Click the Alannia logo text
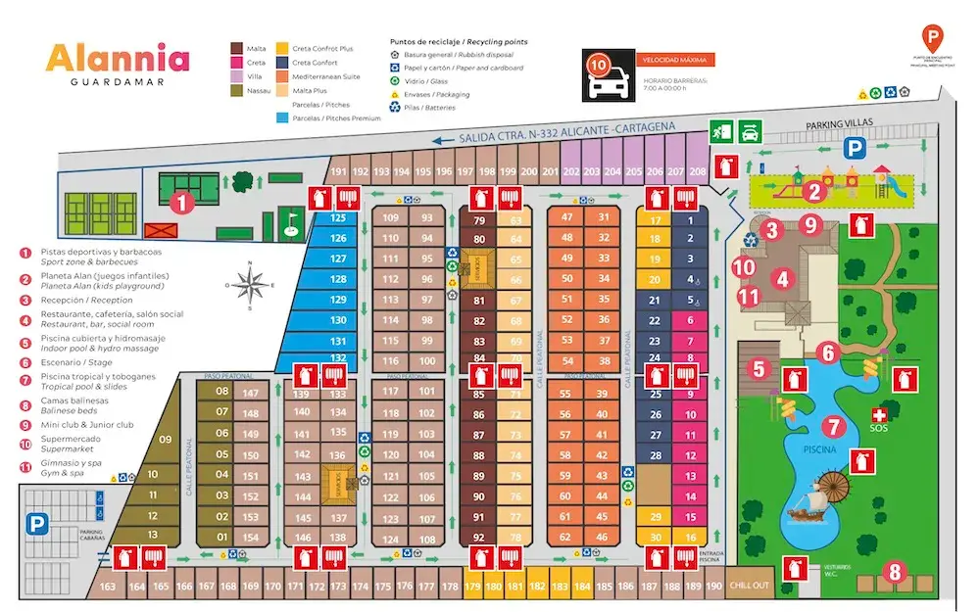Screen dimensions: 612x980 click(x=118, y=59)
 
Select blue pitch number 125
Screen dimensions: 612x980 click(x=338, y=217)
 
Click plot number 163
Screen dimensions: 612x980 click(x=109, y=587)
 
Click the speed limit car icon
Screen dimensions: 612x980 click(x=606, y=85)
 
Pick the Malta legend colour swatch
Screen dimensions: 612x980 click(x=236, y=48)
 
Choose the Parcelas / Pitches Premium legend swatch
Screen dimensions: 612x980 click(x=283, y=118)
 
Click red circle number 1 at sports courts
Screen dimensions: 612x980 click(x=180, y=204)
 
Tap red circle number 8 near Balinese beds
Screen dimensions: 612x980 click(x=893, y=571)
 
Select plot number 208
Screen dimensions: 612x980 click(x=697, y=171)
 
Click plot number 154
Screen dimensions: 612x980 click(x=251, y=537)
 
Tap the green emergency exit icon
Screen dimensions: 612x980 click(x=722, y=130)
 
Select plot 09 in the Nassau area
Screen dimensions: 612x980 click(x=165, y=440)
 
